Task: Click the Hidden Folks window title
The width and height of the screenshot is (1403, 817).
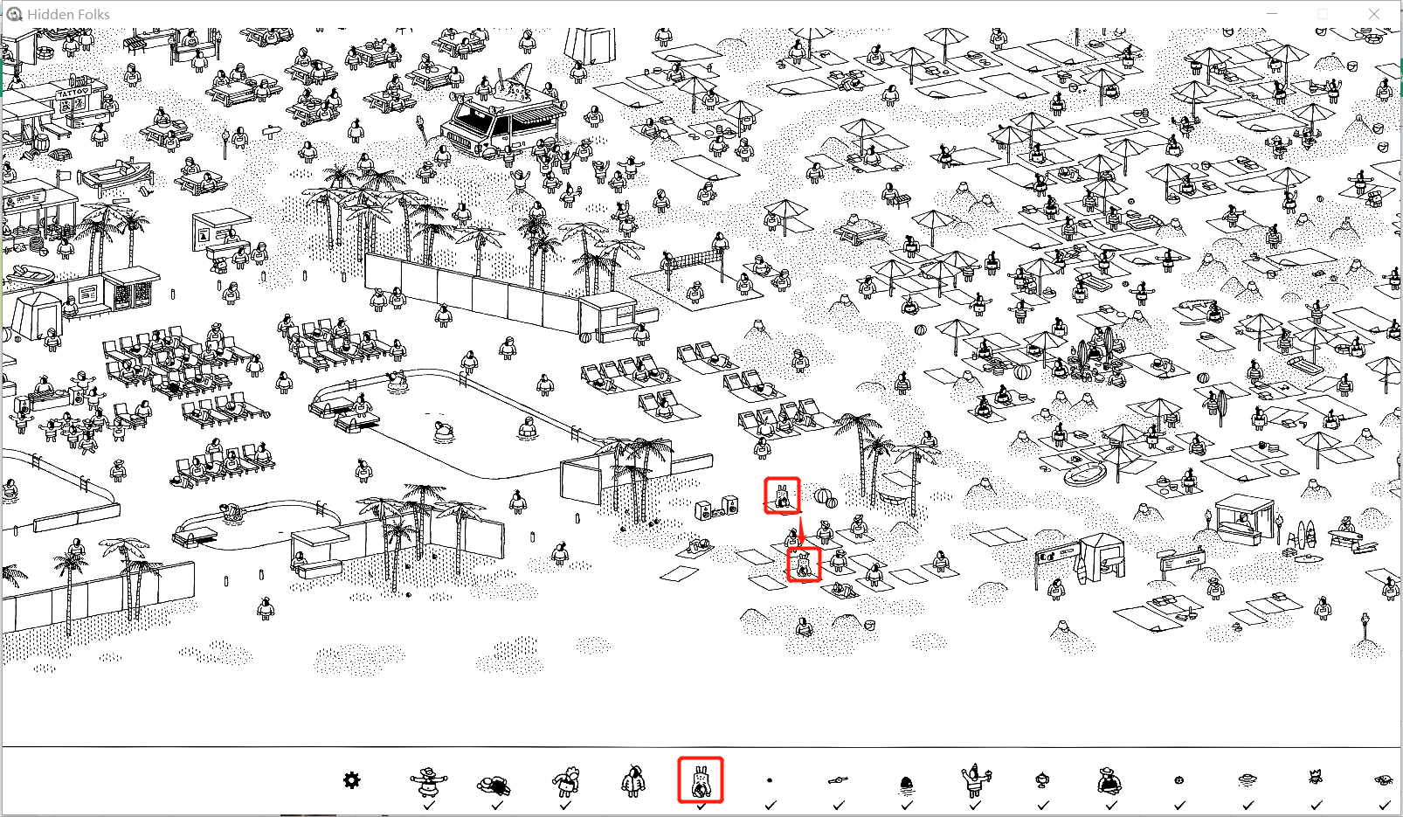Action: coord(68,14)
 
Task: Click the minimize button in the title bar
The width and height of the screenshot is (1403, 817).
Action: coord(1271,14)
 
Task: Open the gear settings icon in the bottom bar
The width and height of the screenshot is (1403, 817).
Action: coord(352,780)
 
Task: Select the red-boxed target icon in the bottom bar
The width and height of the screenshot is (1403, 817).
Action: coord(701,780)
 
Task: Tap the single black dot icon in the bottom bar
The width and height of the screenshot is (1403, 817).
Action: coord(770,780)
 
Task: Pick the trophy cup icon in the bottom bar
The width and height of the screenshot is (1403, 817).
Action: coord(1042,780)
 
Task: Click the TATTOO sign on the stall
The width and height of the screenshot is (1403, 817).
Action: coord(73,93)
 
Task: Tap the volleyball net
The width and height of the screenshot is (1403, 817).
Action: coord(695,258)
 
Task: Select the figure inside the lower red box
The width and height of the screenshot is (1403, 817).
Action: coord(804,565)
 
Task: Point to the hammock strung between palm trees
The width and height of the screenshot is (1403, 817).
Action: coord(889,498)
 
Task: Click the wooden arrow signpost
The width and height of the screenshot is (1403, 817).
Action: coord(271,132)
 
